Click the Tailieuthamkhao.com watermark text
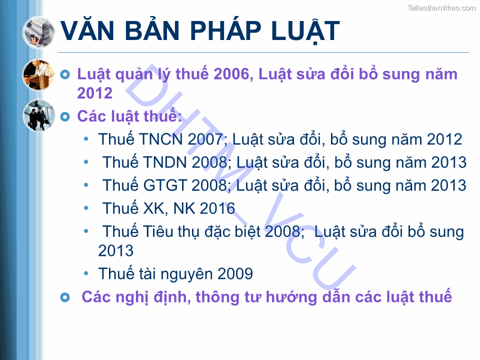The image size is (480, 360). [x=441, y=7]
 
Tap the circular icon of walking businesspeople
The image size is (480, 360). [x=38, y=115]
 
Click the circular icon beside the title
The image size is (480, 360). [x=38, y=32]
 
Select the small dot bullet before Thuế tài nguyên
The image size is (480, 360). [x=87, y=273]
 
